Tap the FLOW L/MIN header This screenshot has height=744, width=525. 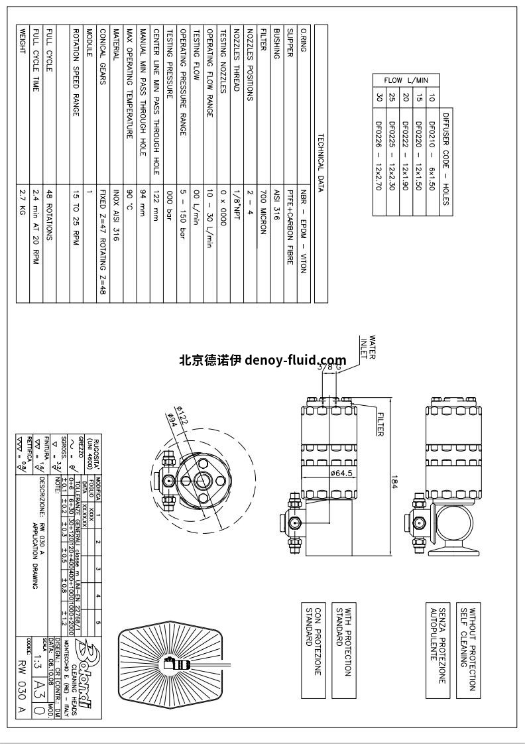[x=406, y=80]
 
